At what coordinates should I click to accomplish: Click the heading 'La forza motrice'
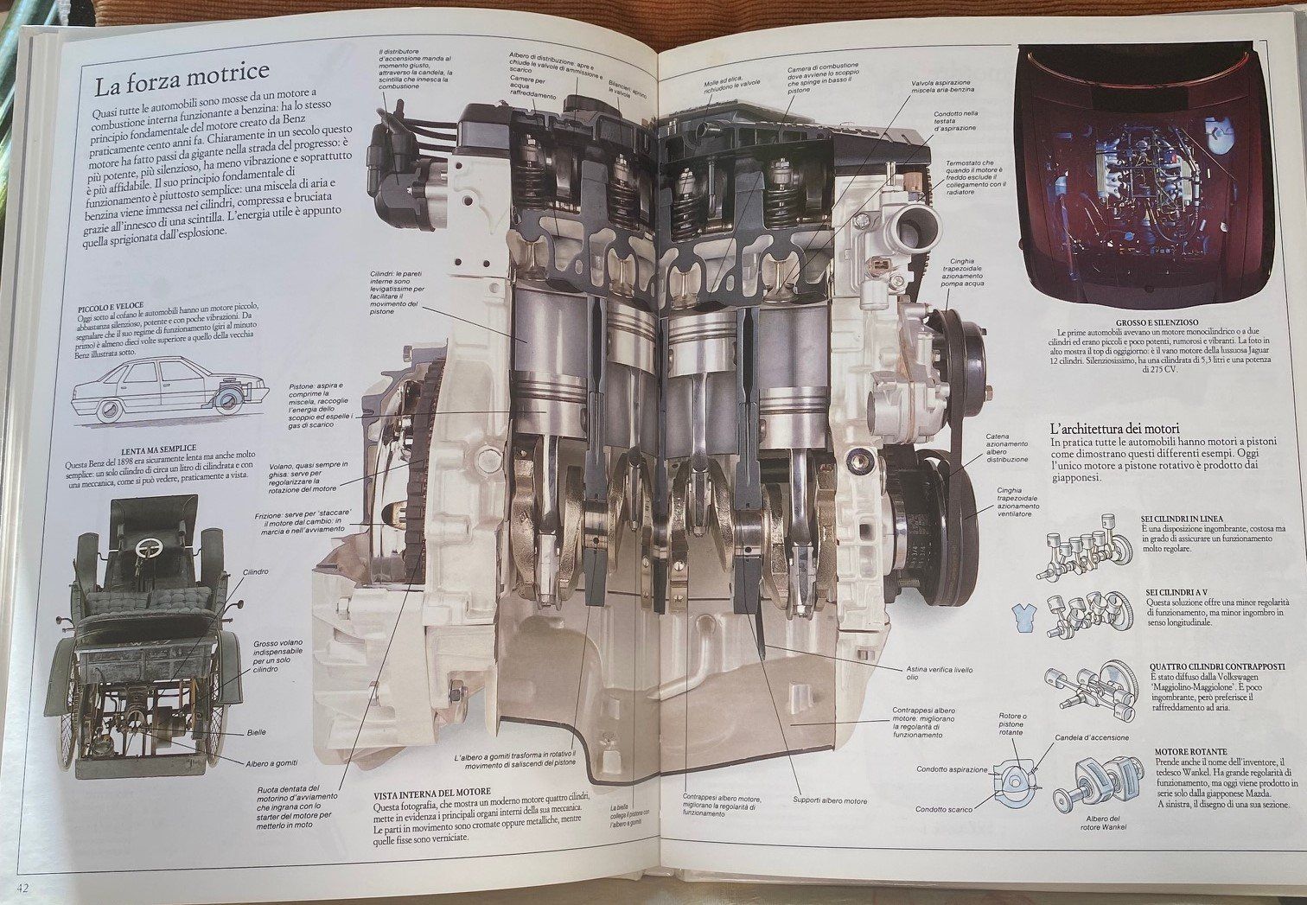182,85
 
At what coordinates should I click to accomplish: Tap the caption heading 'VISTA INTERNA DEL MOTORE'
432,793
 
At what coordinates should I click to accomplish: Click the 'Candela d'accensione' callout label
1092,738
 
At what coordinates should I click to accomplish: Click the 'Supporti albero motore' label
830,800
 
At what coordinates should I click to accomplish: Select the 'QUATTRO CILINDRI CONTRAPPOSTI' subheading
1217,666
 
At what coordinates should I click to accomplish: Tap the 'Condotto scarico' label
944,810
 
